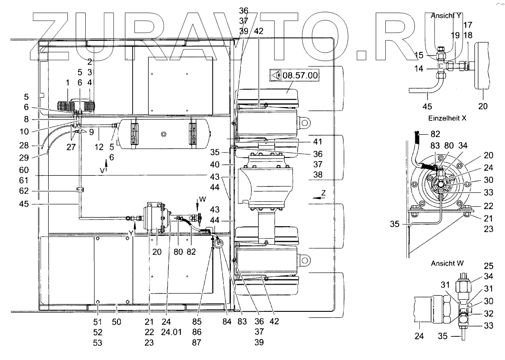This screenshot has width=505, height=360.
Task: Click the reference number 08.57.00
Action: pos(300,75)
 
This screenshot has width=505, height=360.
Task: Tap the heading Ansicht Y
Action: pos(446,16)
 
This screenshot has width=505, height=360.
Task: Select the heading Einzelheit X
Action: pos(447,118)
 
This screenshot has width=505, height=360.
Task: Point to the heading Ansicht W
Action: pos(447,264)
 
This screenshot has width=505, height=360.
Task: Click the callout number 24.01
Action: pos(171,332)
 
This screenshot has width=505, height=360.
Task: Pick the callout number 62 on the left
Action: pos(24,191)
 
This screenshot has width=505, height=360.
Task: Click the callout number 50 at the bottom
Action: pos(116,322)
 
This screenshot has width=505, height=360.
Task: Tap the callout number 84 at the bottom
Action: pos(227,322)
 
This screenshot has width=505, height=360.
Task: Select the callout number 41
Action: pos(317,141)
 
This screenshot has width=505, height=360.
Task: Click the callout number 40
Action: pos(214,165)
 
